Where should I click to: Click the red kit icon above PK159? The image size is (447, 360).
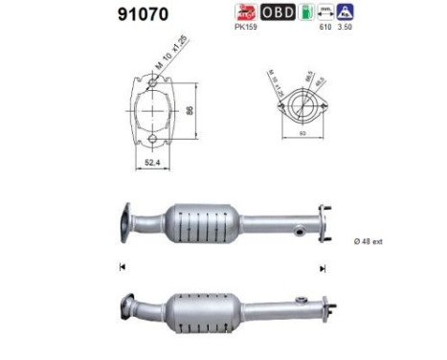tap(246, 12)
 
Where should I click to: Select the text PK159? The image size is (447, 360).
tap(245, 29)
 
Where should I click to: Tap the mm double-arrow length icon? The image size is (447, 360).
tap(327, 12)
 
